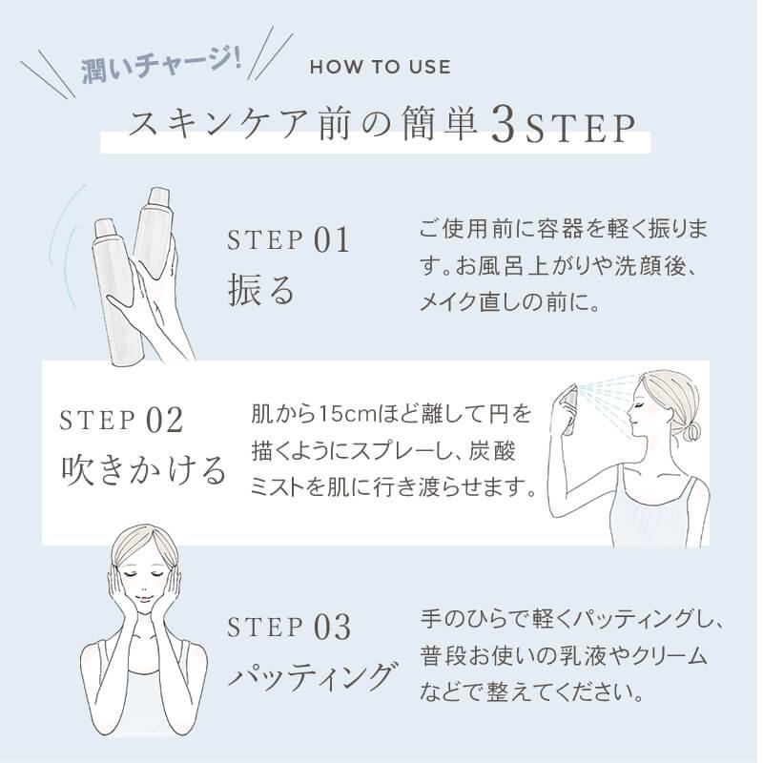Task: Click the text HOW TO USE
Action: click(380, 68)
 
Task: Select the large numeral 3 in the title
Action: click(500, 125)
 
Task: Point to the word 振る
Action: click(261, 288)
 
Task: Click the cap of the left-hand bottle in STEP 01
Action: click(106, 230)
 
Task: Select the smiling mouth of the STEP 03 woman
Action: click(141, 606)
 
